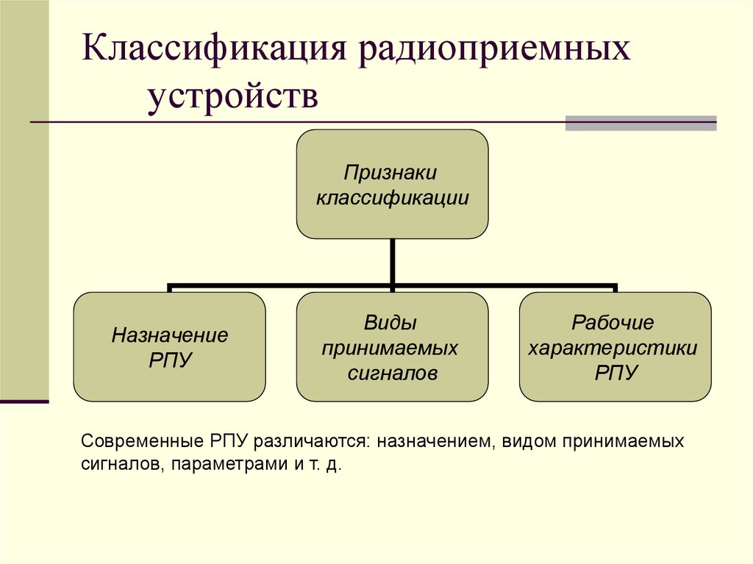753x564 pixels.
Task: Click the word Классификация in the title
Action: pyautogui.click(x=214, y=54)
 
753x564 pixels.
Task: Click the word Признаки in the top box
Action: pyautogui.click(x=391, y=174)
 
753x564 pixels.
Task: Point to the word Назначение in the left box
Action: pyautogui.click(x=170, y=336)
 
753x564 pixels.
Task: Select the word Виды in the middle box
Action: pyautogui.click(x=391, y=324)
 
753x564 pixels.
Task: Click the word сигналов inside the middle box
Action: pyautogui.click(x=392, y=373)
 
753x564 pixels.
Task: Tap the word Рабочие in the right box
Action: pyautogui.click(x=613, y=323)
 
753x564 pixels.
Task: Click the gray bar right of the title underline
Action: pyautogui.click(x=640, y=123)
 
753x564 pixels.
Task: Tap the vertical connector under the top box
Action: pyautogui.click(x=393, y=261)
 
